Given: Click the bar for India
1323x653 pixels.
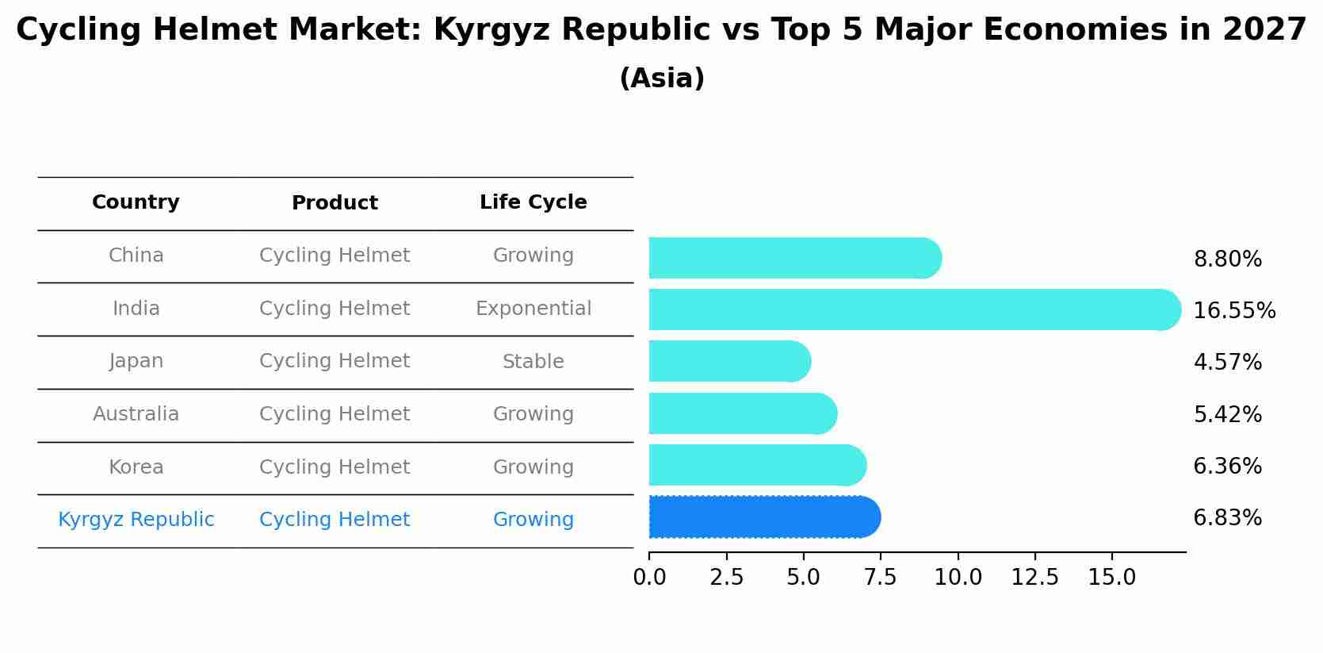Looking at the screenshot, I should pos(912,309).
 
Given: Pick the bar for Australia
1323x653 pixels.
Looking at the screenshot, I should pos(742,413).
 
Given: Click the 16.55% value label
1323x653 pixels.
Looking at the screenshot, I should pos(1234,310).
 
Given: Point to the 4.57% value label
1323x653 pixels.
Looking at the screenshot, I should pos(1227,363).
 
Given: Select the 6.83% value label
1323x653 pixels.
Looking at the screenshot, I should pos(1227,518).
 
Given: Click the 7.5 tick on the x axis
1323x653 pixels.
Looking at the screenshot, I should pos(881,578).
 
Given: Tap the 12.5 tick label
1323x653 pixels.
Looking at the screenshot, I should pos(1034,578).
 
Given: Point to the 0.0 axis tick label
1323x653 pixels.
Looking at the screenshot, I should pos(649,578).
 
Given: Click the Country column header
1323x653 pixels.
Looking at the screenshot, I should pos(136,202).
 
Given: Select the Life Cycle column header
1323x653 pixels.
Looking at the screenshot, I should pos(533,202).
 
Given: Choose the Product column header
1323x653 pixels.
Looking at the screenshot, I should pos(335,203).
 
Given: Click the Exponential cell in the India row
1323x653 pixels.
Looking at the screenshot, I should pos(533,309).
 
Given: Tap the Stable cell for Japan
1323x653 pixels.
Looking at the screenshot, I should pos(533,362).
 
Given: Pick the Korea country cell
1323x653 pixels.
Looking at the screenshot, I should pos(136,467).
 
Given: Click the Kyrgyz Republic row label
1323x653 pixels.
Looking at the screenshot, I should pos(136,520).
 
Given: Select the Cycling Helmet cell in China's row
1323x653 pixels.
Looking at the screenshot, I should pos(335,255).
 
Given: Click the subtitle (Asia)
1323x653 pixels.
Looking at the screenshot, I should pos(661,79).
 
